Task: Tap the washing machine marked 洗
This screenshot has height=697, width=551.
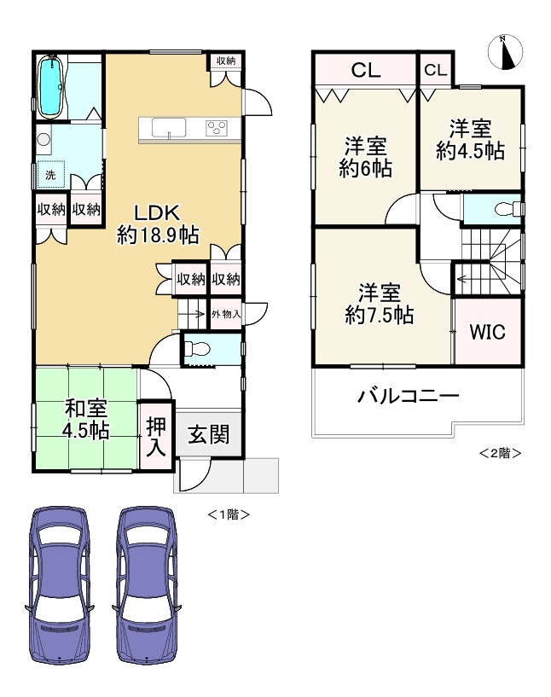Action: [49, 174]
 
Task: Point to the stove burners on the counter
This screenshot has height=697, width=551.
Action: [217, 128]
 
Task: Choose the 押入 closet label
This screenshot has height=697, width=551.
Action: [156, 436]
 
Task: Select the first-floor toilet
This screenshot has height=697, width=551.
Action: [198, 349]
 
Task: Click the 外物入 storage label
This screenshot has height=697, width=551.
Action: [226, 315]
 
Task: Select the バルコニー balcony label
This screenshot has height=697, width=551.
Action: [409, 396]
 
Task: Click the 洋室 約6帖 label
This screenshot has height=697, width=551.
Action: [365, 157]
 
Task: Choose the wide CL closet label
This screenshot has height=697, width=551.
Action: [366, 72]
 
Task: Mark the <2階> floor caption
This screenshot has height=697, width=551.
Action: [499, 452]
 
